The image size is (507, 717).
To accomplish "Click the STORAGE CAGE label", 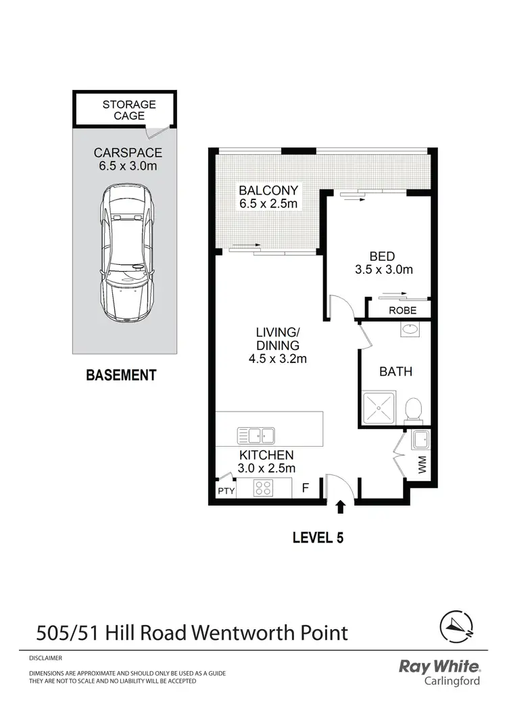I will [128, 110].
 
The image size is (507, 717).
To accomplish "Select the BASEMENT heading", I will [121, 375].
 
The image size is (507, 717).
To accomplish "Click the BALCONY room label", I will [268, 191].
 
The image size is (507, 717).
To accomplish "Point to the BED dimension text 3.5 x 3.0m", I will [383, 270].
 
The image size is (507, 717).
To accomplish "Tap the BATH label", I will [395, 372].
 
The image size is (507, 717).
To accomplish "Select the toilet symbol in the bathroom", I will [413, 410].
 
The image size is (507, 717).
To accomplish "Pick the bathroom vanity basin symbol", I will [409, 330].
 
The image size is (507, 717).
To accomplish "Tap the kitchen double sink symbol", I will [256, 435].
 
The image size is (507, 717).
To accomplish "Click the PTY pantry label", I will [225, 491].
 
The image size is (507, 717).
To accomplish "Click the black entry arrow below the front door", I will [340, 505].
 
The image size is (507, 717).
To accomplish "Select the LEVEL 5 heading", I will [318, 538].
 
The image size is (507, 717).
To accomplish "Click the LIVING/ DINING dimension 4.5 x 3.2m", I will [277, 359].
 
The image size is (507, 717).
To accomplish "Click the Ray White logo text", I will [439, 667].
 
